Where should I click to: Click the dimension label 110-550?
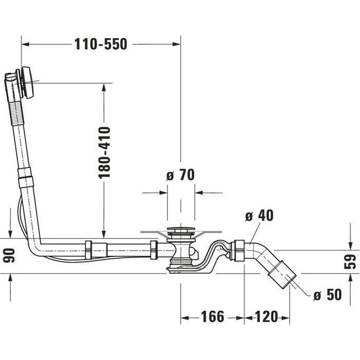(101, 44)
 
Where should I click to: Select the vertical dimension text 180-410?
(104, 153)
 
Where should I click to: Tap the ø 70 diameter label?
(180, 175)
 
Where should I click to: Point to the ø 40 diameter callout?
(259, 216)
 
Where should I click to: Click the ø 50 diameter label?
(327, 295)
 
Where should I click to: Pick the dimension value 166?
(213, 317)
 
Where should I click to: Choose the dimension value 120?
(266, 317)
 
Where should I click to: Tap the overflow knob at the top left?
(26, 82)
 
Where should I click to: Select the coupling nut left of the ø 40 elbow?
(238, 251)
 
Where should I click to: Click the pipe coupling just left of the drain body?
(154, 250)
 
